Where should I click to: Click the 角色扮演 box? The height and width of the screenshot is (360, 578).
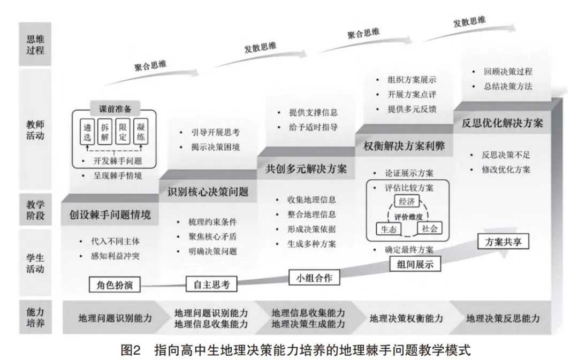pyautogui.click(x=115, y=285)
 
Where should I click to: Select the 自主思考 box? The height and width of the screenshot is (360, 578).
pyautogui.click(x=211, y=284)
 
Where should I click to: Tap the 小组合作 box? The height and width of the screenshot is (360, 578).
pyautogui.click(x=314, y=278)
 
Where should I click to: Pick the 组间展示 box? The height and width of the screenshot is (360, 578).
pyautogui.click(x=415, y=264)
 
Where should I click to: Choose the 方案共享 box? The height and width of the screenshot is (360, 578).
pyautogui.click(x=503, y=241)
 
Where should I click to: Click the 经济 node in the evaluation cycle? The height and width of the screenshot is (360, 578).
pyautogui.click(x=407, y=202)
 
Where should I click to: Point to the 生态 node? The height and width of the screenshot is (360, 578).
pyautogui.click(x=388, y=229)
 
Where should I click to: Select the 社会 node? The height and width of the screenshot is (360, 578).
pyautogui.click(x=429, y=228)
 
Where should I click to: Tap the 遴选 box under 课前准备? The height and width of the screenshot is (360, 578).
pyautogui.click(x=87, y=132)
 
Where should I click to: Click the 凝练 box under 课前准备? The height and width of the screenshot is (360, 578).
pyautogui.click(x=141, y=132)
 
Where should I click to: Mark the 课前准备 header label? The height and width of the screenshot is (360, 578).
pyautogui.click(x=115, y=109)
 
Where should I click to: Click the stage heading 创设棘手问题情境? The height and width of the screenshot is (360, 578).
pyautogui.click(x=110, y=215)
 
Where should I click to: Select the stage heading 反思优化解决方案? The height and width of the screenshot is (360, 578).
pyautogui.click(x=503, y=122)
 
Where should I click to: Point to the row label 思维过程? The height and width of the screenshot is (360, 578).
pyautogui.click(x=35, y=44)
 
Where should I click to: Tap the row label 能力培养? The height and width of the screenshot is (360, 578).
pyautogui.click(x=35, y=317)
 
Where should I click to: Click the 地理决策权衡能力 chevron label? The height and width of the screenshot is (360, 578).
pyautogui.click(x=406, y=318)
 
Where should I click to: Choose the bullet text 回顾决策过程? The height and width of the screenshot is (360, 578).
pyautogui.click(x=508, y=72)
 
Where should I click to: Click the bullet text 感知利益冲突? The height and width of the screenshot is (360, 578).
pyautogui.click(x=116, y=256)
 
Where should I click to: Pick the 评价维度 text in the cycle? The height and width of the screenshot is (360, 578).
pyautogui.click(x=408, y=217)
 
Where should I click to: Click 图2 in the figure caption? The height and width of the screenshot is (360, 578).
pyautogui.click(x=131, y=349)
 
